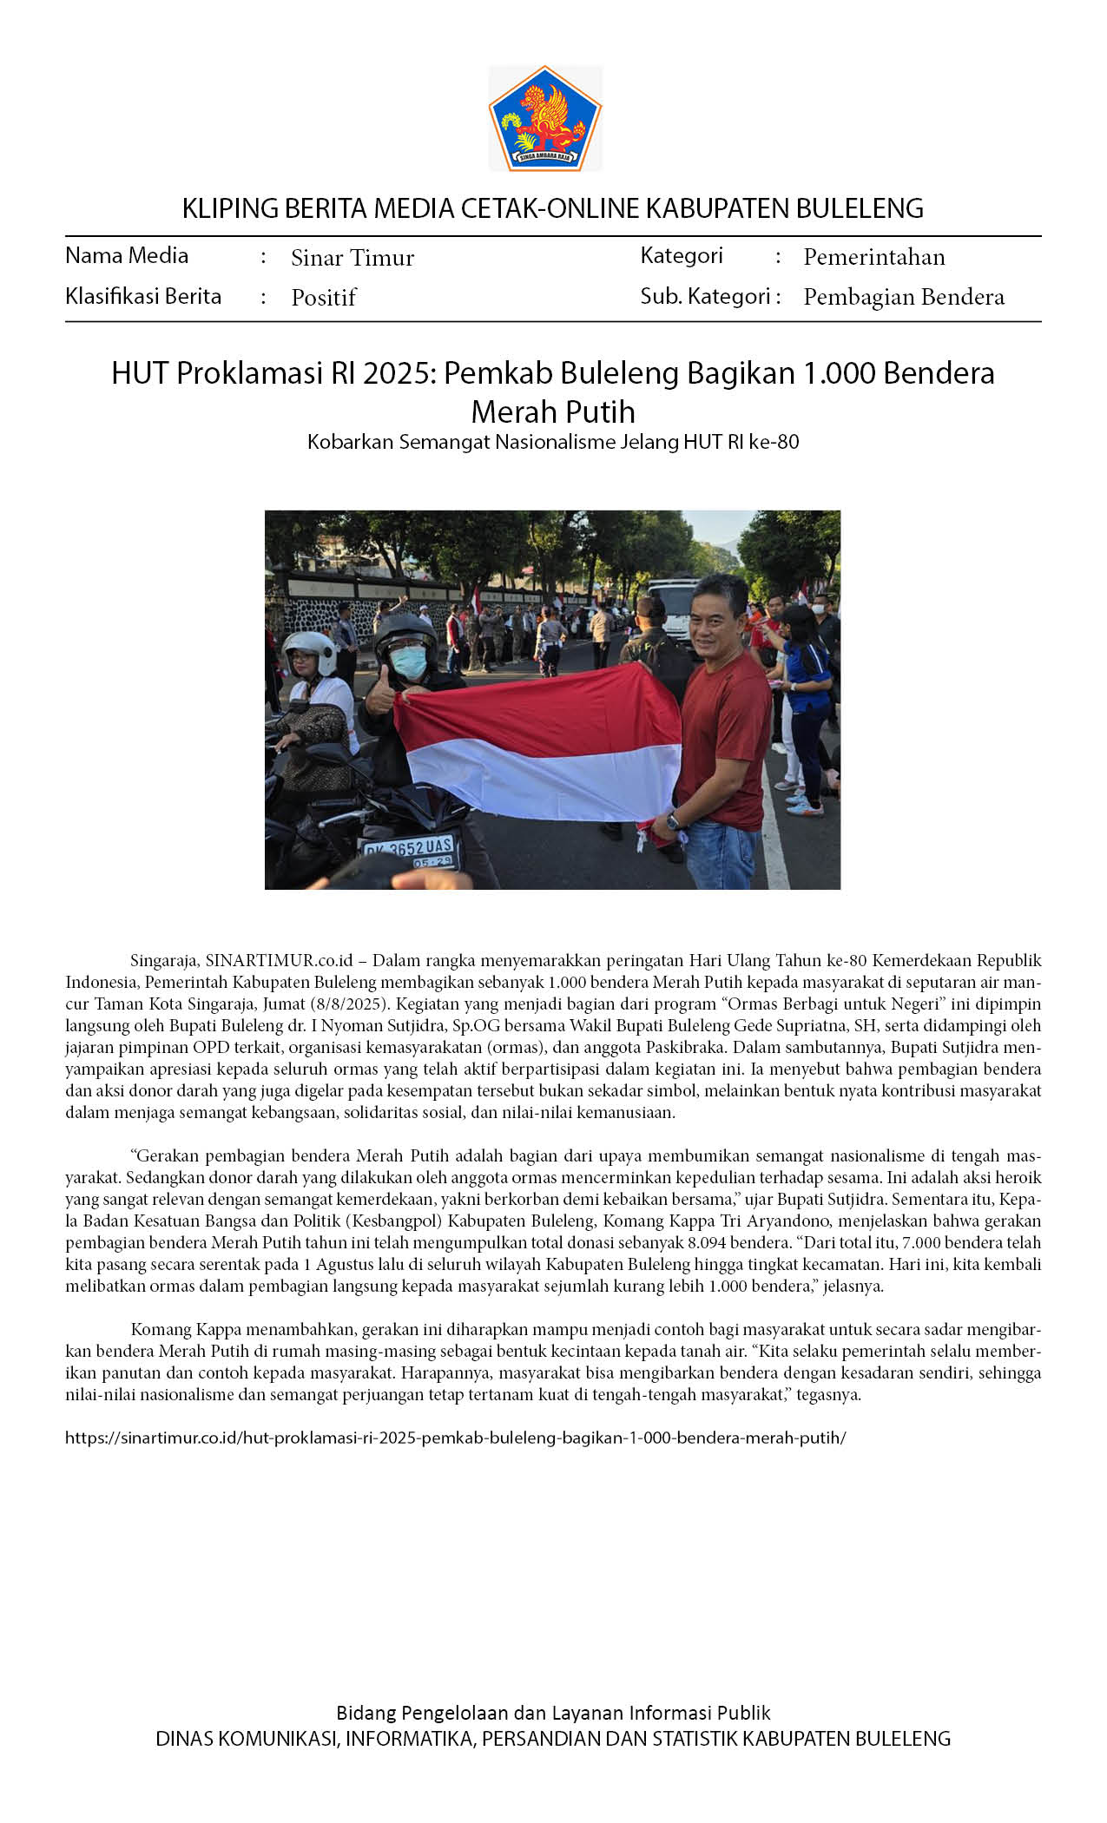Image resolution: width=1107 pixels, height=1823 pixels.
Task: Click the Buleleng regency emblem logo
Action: (x=545, y=118)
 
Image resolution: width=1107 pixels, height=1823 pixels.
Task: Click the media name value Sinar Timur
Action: (x=353, y=258)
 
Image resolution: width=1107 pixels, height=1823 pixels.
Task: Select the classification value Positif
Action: (x=324, y=298)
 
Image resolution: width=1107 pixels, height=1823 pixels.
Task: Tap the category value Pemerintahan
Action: (x=873, y=257)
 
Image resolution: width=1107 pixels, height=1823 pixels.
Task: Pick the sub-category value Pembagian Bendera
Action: (x=903, y=297)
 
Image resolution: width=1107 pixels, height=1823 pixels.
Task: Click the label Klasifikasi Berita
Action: (x=143, y=297)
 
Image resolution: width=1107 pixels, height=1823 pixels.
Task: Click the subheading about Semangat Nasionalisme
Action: (x=553, y=442)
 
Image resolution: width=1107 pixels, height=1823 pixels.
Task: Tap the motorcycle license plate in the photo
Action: (x=409, y=851)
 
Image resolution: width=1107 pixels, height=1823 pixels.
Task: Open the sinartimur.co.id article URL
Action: (x=455, y=1438)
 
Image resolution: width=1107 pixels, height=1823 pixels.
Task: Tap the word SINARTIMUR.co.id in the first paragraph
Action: (x=279, y=961)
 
